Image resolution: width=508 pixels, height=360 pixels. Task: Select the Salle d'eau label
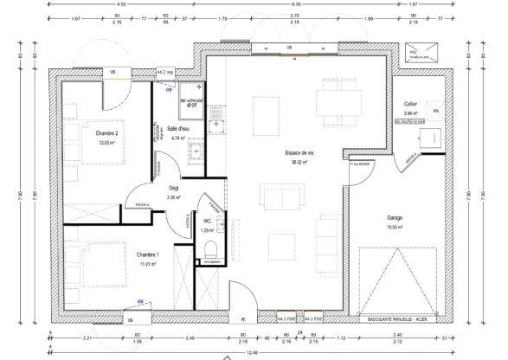(x=179, y=129)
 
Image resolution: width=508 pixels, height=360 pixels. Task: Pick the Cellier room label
(x=410, y=102)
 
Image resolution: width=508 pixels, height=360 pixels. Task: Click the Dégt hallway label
(x=173, y=188)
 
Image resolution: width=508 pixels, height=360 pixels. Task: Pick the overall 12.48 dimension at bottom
(x=253, y=351)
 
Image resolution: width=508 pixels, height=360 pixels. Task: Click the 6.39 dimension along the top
(x=294, y=5)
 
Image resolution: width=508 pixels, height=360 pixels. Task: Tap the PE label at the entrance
(x=244, y=319)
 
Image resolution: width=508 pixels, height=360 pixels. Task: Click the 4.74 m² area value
(x=179, y=138)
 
